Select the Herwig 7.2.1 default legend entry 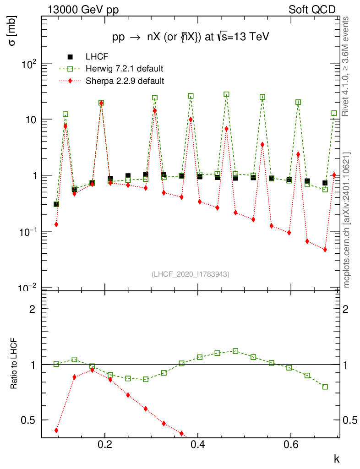coord(124,69)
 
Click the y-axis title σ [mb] coord(12,33)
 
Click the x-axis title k coord(337,458)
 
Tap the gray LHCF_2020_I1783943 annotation coord(190,274)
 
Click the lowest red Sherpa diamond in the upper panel coord(325,250)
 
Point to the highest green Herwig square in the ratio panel coord(235,351)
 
